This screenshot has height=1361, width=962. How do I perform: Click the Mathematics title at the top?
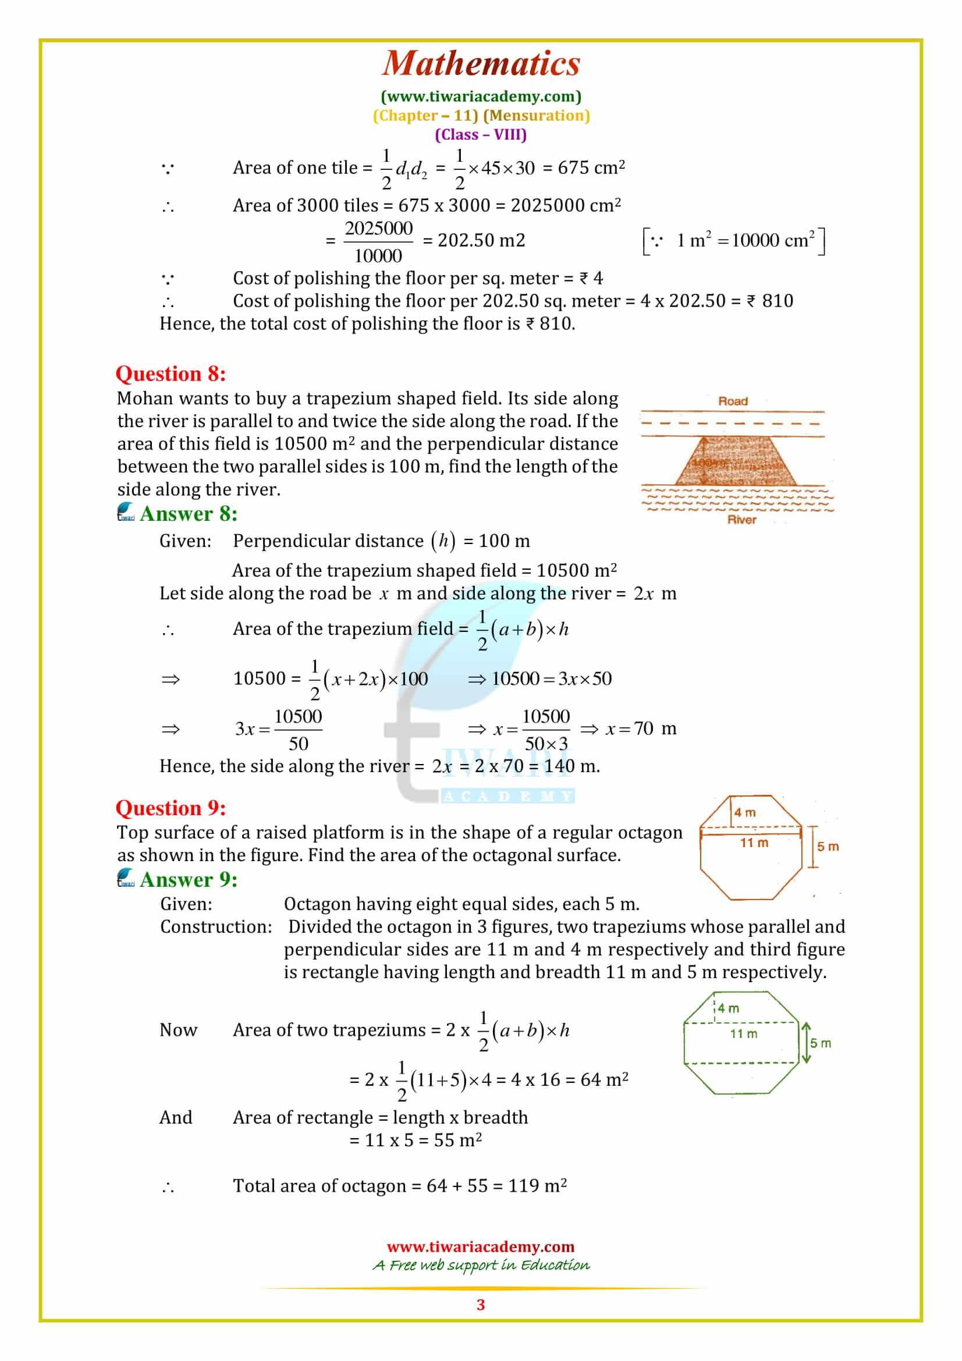(481, 64)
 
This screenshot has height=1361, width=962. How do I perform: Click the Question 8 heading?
(171, 374)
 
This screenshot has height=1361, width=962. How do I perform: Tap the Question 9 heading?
(171, 808)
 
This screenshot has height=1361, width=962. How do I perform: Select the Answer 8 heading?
(189, 513)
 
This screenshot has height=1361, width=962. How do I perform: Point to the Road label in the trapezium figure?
(733, 401)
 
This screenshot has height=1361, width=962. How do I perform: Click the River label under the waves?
(741, 520)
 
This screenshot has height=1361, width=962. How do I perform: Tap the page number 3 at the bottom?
(481, 1305)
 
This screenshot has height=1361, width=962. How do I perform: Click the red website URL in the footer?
(481, 1246)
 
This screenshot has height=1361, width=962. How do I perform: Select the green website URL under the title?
(481, 96)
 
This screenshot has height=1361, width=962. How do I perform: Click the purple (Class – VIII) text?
(481, 134)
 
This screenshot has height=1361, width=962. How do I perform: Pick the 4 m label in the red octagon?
(744, 813)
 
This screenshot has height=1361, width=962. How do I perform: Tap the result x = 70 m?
(640, 729)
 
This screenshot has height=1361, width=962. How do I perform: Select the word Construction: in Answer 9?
(216, 926)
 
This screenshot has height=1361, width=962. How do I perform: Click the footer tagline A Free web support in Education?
(481, 1265)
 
